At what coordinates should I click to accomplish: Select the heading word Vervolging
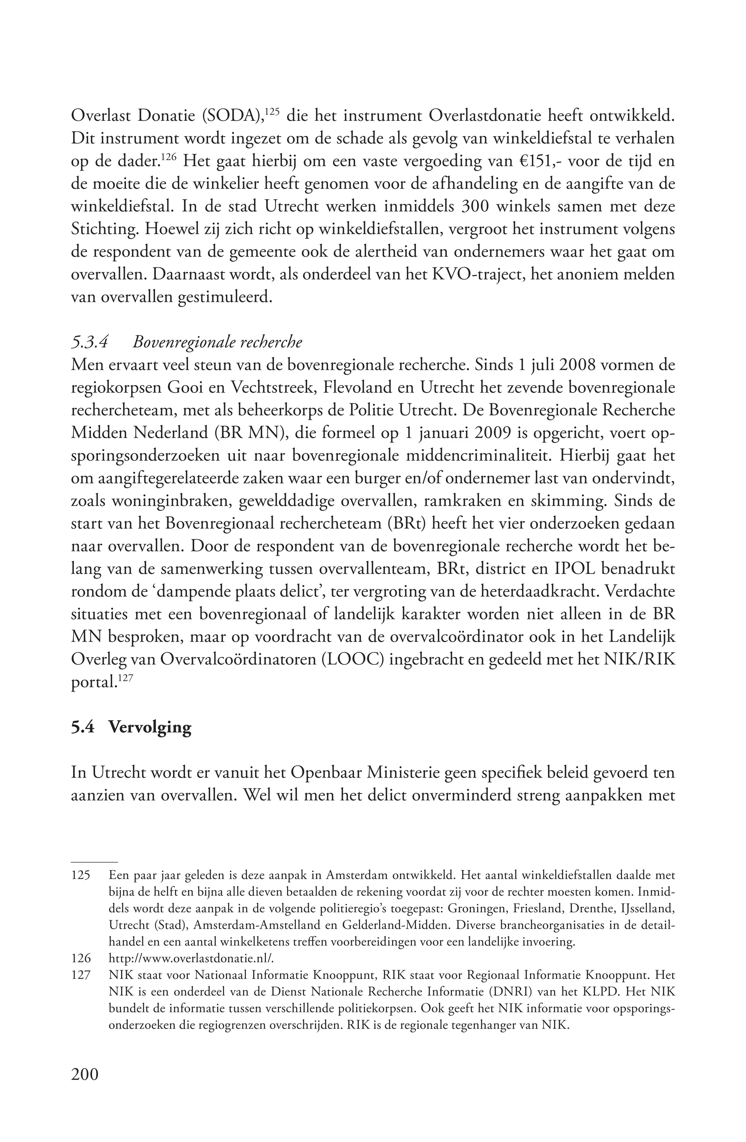point(150,727)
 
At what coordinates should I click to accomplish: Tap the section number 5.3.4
point(89,342)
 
